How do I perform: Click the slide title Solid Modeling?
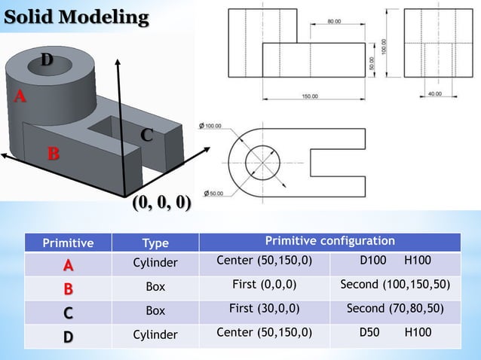[75, 17]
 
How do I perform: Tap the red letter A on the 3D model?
[20, 96]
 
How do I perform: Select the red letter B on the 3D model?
[53, 154]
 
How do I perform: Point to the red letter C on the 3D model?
[146, 136]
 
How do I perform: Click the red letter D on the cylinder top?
[47, 59]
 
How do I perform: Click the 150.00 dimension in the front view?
[309, 96]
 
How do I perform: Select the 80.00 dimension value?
[334, 21]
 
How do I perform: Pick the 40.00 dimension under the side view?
[434, 93]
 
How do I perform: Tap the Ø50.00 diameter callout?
[215, 194]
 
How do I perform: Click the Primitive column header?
[68, 243]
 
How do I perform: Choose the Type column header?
[155, 243]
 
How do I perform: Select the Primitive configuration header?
[329, 241]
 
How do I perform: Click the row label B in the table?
[68, 288]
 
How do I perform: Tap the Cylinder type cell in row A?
[155, 263]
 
